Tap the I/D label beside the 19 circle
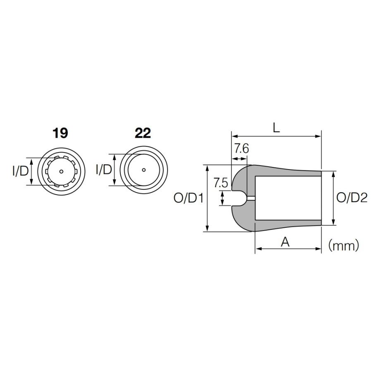pos(20,171)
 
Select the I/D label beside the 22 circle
pos(104,169)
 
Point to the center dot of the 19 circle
pos(62,171)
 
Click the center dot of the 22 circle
pos(144,170)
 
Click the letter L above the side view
pos(277,128)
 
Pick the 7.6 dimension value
pos(241,149)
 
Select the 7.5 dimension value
pos(221,183)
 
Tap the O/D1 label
pos(188,198)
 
